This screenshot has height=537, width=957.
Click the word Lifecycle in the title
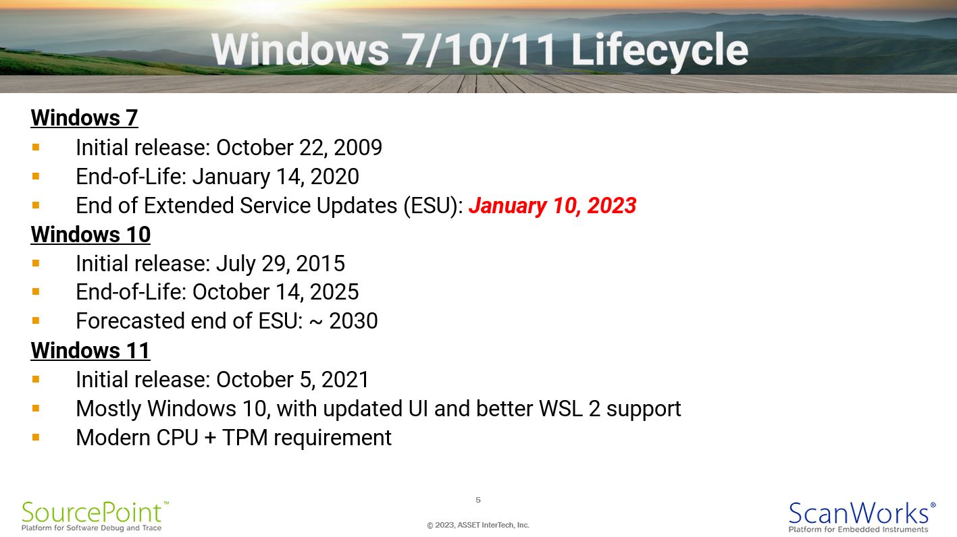(659, 51)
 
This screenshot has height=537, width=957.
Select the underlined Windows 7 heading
(84, 118)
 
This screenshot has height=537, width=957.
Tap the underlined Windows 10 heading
(90, 234)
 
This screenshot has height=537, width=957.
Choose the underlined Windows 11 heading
(90, 350)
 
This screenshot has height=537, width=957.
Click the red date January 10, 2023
(552, 206)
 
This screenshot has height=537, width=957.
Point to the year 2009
(357, 148)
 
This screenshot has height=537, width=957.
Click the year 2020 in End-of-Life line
(334, 177)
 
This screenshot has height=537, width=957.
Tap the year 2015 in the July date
(320, 263)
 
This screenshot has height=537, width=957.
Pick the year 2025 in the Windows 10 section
(334, 292)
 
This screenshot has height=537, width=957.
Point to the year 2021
(344, 380)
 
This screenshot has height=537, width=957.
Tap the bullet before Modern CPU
(36, 437)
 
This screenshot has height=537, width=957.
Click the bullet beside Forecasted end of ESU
(36, 320)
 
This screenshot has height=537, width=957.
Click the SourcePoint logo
(95, 516)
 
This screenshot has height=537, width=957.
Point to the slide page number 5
(478, 500)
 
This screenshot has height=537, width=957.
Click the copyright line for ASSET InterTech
(478, 525)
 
